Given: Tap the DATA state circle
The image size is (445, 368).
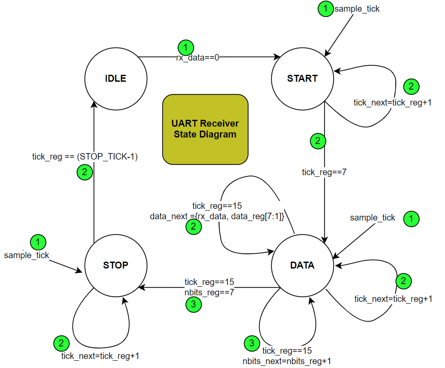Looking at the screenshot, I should click(302, 265).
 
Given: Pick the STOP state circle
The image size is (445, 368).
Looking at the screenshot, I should click(116, 265).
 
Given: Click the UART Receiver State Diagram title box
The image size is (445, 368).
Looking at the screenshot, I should click(205, 129).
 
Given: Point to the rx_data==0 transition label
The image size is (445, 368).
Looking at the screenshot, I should click(197, 57).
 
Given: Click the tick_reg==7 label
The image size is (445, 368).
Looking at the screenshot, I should click(324, 173).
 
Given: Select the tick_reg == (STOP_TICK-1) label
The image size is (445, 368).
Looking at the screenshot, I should click(85, 157).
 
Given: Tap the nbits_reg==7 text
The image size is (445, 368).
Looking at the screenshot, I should click(209, 291).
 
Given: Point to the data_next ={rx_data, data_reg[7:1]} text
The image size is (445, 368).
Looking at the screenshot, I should click(217, 216).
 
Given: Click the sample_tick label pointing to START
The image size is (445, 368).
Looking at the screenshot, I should click(357, 9).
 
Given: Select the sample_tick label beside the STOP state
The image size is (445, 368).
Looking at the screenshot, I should click(27, 255).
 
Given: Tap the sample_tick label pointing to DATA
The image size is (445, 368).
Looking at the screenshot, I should click(372, 218).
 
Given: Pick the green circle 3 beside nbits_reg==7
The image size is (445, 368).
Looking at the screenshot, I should click(193, 304).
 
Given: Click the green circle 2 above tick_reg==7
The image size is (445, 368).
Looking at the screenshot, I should click(318, 141).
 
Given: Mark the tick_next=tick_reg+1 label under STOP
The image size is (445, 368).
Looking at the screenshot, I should click(100, 355).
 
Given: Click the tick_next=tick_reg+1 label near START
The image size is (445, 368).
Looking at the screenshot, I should click(393, 102).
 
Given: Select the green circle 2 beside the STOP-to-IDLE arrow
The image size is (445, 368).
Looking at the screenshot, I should click(84, 172).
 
